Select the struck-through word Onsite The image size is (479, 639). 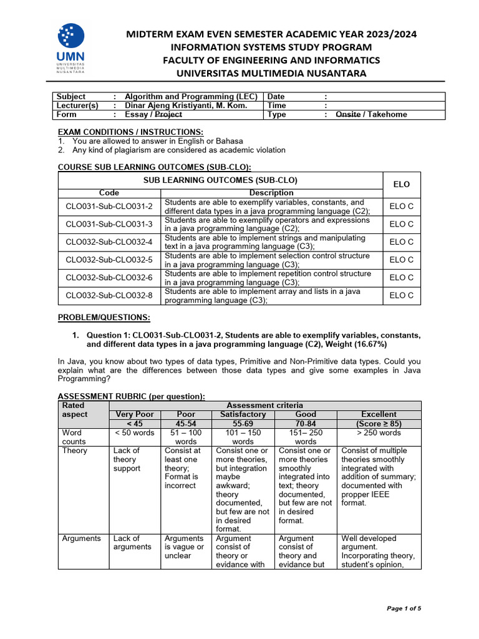point(348,115)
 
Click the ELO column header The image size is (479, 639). point(402,185)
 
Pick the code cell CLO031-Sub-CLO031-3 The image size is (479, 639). point(109,224)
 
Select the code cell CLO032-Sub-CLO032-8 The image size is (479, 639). point(109,295)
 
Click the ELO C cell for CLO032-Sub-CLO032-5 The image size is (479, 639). point(402,260)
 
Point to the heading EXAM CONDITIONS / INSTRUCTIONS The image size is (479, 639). point(130,132)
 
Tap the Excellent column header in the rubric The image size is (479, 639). point(379,414)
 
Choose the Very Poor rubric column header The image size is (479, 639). point(135,414)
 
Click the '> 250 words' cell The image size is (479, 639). point(379,432)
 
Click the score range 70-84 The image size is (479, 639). point(306,423)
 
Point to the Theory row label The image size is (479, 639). point(75,451)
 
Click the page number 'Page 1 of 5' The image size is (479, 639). point(404,608)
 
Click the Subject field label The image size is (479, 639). point(71,97)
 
